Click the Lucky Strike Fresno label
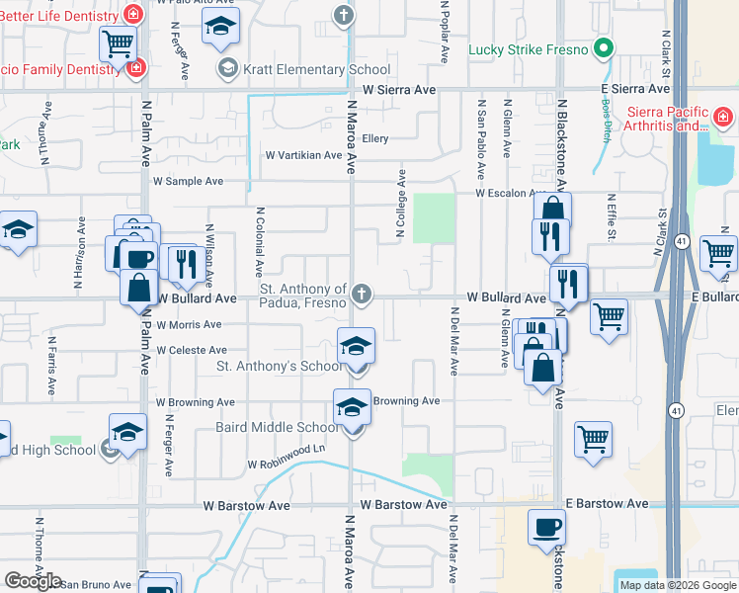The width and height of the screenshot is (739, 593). point(529,49)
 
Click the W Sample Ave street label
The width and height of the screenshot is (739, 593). point(189,182)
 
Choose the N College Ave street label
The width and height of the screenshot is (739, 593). point(401,204)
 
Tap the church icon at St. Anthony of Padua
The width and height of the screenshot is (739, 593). point(363,293)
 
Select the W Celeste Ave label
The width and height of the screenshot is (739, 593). point(192,351)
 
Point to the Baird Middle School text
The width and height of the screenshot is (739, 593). point(277,428)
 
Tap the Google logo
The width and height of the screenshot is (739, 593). point(33,581)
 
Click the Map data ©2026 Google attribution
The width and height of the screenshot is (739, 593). point(678,585)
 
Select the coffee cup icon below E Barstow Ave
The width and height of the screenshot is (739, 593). point(546,526)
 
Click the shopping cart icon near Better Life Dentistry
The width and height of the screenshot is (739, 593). point(118,42)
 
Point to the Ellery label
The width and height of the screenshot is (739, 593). point(375,139)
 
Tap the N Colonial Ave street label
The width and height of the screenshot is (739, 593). point(260,241)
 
